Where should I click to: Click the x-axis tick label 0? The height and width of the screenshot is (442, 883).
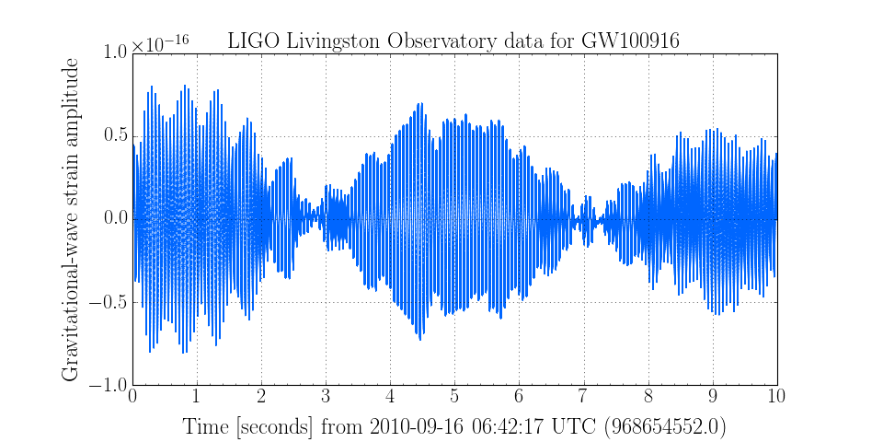click(132, 397)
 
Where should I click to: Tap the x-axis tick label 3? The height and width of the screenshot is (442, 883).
click(326, 397)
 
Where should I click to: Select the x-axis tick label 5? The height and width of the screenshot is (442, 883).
click(454, 397)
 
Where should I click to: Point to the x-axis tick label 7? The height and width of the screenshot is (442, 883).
click(583, 397)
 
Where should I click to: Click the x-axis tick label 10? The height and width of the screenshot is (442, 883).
click(777, 397)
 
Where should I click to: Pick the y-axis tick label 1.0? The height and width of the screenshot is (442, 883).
click(111, 52)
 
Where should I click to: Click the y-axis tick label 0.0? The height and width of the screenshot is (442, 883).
click(111, 219)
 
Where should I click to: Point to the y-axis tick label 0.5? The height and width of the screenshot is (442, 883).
click(111, 136)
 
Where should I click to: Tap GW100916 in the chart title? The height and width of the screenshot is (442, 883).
click(630, 40)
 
